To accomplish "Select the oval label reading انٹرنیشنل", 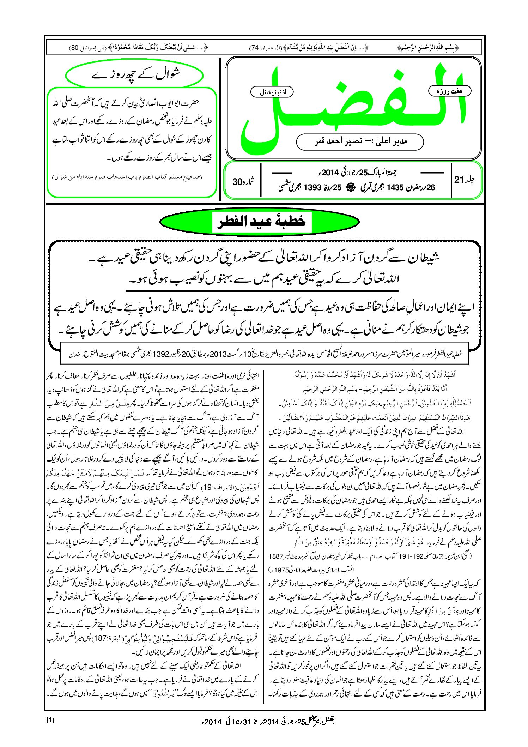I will coord(272,92).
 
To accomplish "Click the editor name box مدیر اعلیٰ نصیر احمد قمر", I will coord(360,141).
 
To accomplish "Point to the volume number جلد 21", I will coord(464,180).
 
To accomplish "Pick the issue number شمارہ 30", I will coord(243,181).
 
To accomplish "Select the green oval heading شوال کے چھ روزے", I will coord(134,75).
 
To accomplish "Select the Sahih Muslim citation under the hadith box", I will coord(127,177).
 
